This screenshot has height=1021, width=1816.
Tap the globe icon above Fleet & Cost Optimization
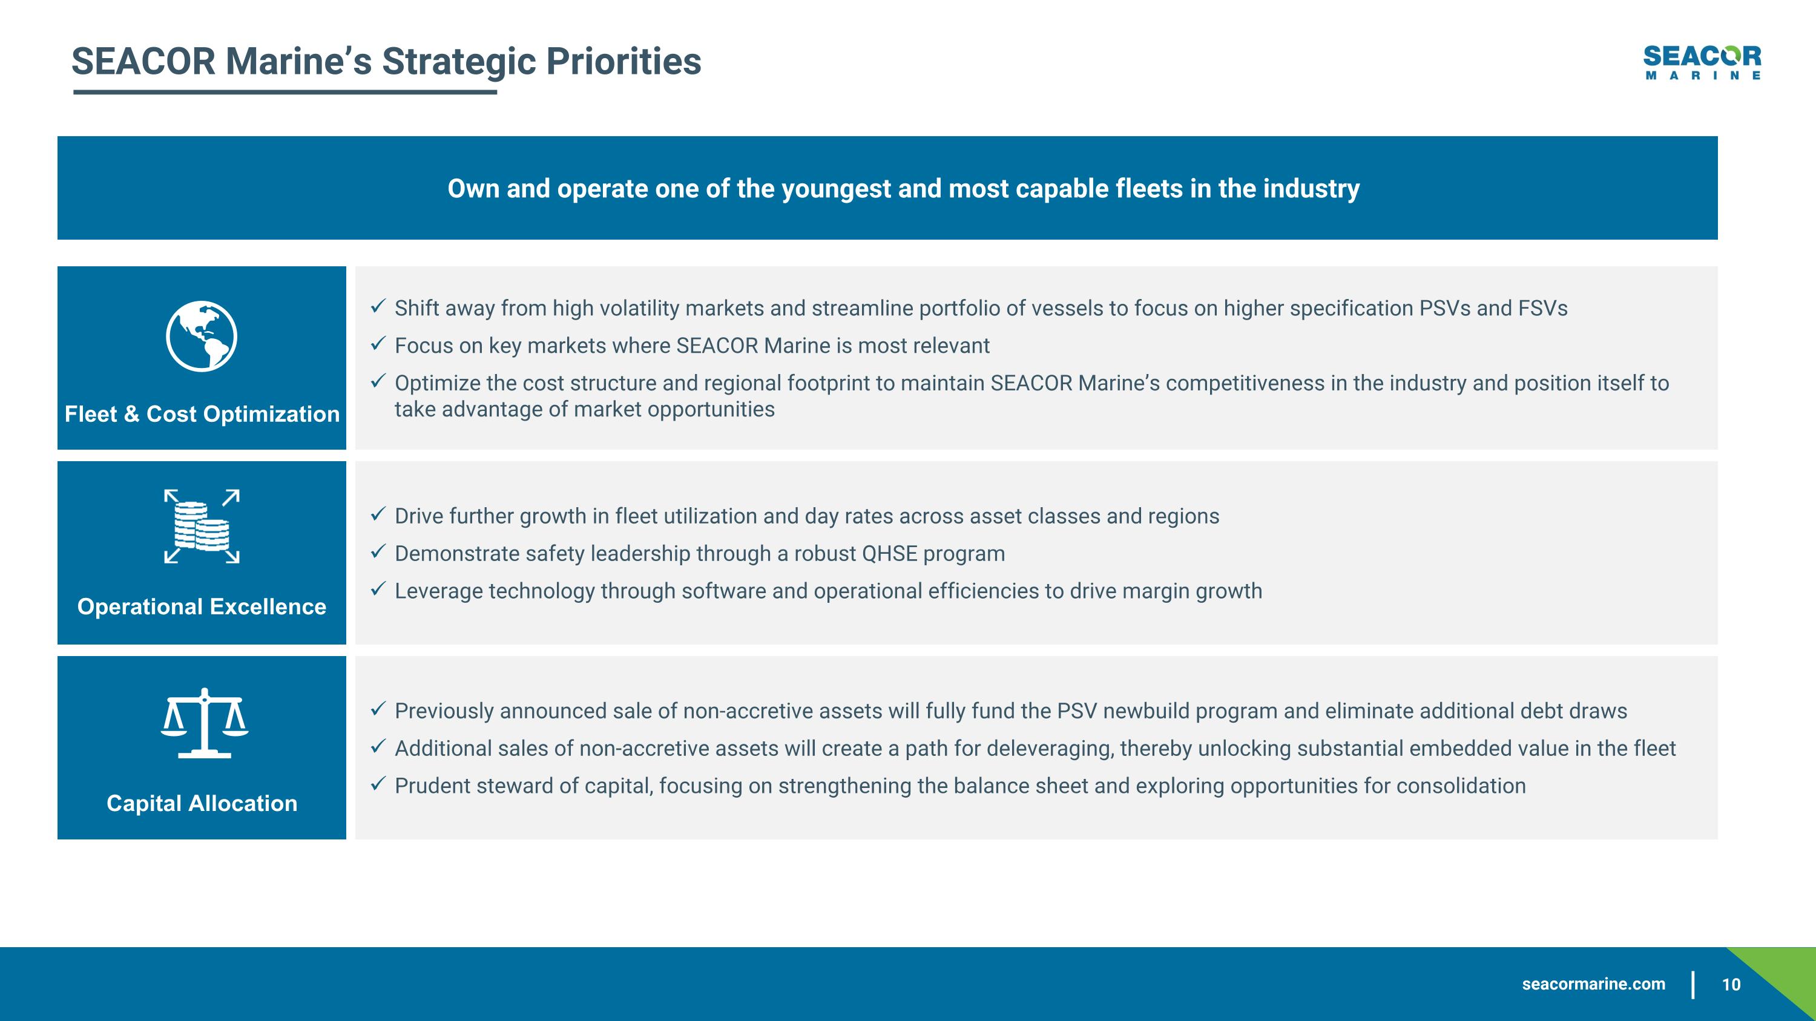pyautogui.click(x=202, y=336)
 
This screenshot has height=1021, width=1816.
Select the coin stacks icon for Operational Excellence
pyautogui.click(x=202, y=527)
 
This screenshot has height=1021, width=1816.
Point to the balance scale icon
pyautogui.click(x=205, y=723)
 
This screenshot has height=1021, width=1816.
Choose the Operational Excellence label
pyautogui.click(x=202, y=606)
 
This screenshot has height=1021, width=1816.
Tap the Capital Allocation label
pyautogui.click(x=202, y=803)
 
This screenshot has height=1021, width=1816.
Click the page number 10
pyautogui.click(x=1731, y=984)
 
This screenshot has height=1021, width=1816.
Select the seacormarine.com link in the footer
pyautogui.click(x=1593, y=984)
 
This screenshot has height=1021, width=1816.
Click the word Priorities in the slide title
pyautogui.click(x=623, y=61)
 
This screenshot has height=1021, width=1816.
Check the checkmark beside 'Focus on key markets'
pyautogui.click(x=378, y=344)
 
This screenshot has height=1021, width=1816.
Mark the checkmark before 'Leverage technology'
pyautogui.click(x=378, y=589)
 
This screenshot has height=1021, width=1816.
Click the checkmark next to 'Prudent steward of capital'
pyautogui.click(x=378, y=784)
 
